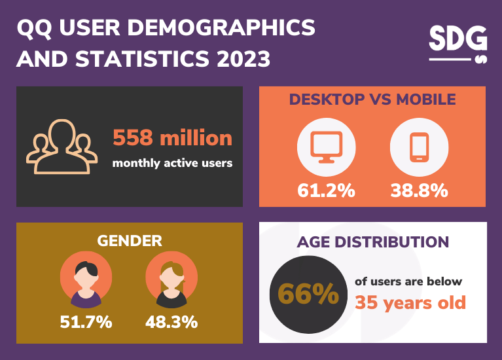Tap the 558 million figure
click(x=172, y=138)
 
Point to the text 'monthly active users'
click(x=172, y=163)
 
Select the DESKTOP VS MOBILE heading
click(x=372, y=99)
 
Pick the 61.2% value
click(x=326, y=190)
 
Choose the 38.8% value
click(x=419, y=190)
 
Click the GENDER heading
click(x=130, y=240)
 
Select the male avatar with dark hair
click(x=85, y=280)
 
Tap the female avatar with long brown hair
click(x=171, y=280)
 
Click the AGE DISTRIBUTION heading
click(x=372, y=242)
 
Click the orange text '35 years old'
click(x=410, y=302)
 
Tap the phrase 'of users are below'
click(x=408, y=281)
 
